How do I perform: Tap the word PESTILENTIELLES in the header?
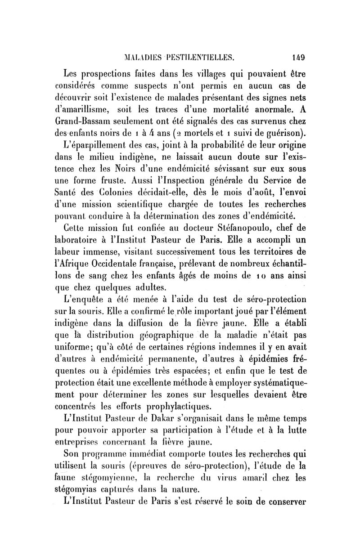pos(194,58)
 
